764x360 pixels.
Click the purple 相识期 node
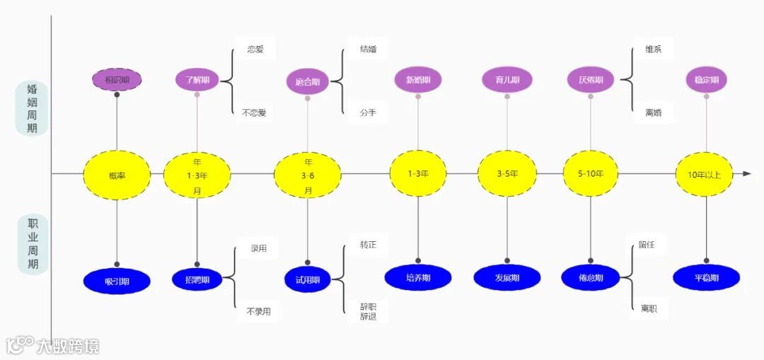point(117,79)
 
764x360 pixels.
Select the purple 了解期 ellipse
point(197,80)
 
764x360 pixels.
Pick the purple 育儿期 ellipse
point(507,80)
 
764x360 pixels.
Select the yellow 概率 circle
point(117,174)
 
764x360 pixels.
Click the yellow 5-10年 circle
point(591,173)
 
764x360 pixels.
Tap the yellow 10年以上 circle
point(704,174)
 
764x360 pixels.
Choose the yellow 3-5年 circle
point(507,173)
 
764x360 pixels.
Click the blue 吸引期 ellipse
point(117,281)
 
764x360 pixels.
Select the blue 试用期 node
point(308,280)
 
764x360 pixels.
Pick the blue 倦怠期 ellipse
point(591,278)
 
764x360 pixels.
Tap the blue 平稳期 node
point(707,278)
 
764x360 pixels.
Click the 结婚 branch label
point(368,50)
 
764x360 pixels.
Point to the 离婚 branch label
point(653,112)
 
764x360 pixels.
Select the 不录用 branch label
point(258,311)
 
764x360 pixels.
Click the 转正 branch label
point(368,245)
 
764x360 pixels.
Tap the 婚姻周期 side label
point(33,108)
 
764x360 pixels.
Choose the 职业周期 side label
point(33,244)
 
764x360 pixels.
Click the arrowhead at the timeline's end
point(746,173)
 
